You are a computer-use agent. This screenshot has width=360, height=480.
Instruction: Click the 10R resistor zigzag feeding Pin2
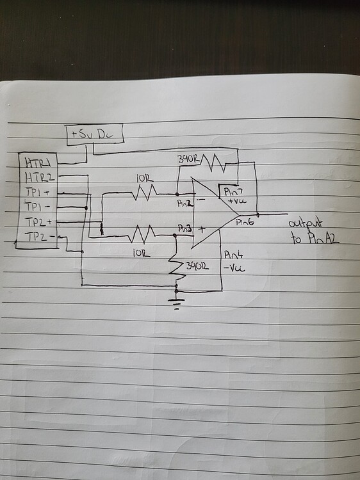[x=143, y=192]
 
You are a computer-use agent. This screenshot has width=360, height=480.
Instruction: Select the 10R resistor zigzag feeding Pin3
[x=140, y=236]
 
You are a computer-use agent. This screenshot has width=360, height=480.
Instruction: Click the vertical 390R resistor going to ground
[x=177, y=268]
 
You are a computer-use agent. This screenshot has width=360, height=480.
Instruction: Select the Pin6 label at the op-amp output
[x=245, y=223]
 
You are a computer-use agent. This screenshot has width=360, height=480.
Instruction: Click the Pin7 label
[x=232, y=193]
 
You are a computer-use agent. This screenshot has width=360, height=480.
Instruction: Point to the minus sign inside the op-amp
[x=201, y=199]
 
